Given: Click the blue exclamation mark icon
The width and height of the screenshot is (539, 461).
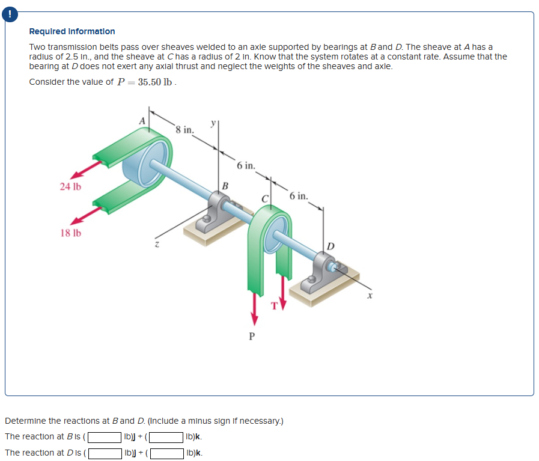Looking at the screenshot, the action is [10, 14].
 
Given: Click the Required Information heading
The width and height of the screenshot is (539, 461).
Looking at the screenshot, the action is [72, 31].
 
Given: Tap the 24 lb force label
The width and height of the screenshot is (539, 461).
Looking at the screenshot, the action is [70, 186].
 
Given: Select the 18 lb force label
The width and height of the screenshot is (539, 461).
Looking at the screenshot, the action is [71, 233].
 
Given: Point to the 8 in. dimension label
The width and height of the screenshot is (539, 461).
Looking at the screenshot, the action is [184, 130].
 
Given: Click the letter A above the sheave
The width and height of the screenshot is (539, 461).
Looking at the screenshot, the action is [142, 121].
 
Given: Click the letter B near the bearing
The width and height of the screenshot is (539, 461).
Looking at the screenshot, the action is [225, 186].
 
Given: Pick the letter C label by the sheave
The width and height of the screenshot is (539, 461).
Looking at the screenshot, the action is [264, 199].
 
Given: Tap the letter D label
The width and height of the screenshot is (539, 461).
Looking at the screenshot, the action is [330, 246].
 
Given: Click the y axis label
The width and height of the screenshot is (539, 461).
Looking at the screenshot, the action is [213, 123].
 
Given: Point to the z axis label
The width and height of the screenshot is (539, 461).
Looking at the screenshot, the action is [157, 244].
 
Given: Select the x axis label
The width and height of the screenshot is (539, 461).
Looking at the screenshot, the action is [370, 295].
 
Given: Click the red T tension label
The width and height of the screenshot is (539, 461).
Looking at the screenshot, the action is [274, 305].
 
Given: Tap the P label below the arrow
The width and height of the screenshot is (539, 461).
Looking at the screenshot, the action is [252, 336].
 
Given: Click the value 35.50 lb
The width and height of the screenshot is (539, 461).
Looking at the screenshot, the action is [154, 82].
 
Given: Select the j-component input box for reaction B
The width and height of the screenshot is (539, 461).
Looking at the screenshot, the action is [105, 437].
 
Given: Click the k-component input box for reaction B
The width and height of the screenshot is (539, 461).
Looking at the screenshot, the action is [166, 437].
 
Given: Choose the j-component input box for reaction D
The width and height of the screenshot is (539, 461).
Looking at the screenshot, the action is [105, 453].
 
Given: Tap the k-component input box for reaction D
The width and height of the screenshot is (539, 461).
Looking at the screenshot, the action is [166, 453].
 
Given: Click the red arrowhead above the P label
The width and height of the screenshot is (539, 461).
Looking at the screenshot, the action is [254, 319].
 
